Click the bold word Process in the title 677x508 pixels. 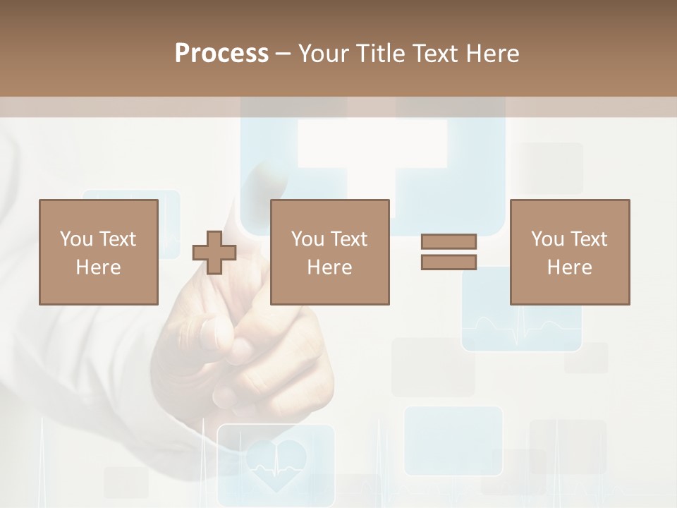221,53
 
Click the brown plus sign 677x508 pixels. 214,252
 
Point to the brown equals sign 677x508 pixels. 449,252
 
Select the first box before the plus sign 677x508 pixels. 99,252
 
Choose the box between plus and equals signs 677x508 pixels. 330,252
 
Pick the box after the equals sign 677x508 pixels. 570,252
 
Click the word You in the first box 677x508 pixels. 76,239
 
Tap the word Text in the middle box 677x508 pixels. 349,239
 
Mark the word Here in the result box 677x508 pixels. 570,267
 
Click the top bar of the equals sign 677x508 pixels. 449,241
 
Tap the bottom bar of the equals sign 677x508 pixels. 449,262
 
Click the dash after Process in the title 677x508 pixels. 283,54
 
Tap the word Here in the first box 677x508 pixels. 99,267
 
